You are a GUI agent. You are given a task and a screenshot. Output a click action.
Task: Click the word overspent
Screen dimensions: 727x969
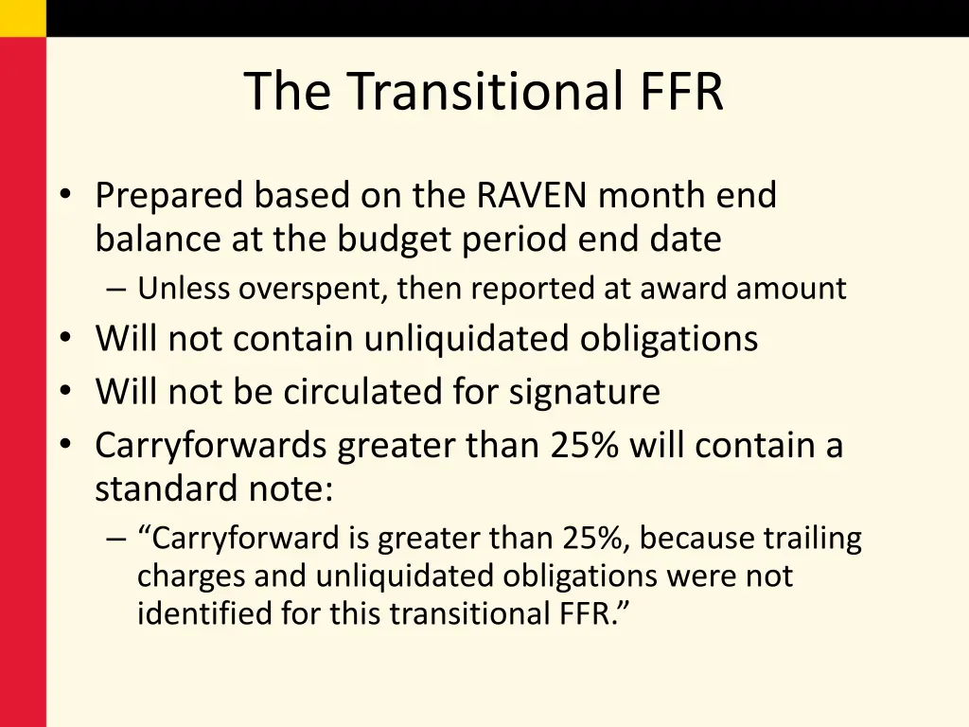311,289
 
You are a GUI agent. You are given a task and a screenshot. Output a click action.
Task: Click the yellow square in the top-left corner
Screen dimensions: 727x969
23,18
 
